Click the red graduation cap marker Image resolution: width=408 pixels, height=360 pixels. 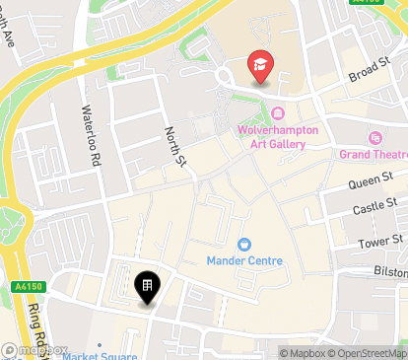260,64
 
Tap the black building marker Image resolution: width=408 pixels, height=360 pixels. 146,288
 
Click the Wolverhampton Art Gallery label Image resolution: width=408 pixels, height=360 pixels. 270,137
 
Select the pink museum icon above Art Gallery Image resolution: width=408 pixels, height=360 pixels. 277,113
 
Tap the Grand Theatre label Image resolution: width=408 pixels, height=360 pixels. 374,155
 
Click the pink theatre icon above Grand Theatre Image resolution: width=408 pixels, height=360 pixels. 374,139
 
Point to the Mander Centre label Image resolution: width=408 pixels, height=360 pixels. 244,260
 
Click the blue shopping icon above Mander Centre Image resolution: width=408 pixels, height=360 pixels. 244,244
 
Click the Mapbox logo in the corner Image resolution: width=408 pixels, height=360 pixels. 35,349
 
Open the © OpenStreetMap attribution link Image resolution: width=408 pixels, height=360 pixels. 370,353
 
